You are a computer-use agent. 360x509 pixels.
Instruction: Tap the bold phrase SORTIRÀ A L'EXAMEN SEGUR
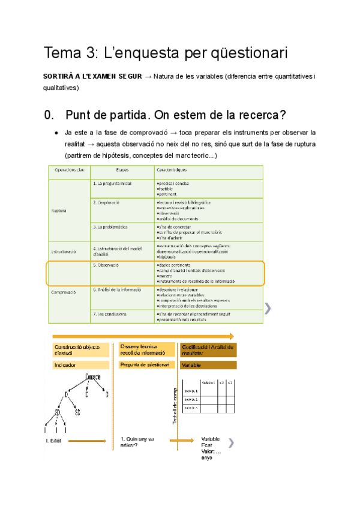pyautogui.click(x=92, y=77)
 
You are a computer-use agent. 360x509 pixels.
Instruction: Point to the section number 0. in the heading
pyautogui.click(x=50, y=114)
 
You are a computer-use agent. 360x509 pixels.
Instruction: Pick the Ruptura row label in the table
pyautogui.click(x=59, y=211)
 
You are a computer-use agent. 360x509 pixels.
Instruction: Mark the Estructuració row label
pyautogui.click(x=64, y=250)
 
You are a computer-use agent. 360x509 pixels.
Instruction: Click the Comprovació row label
pyautogui.click(x=65, y=293)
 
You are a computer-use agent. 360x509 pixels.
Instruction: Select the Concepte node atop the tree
pyautogui.click(x=93, y=376)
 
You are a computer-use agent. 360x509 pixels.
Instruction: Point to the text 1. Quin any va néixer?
pyautogui.click(x=137, y=442)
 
